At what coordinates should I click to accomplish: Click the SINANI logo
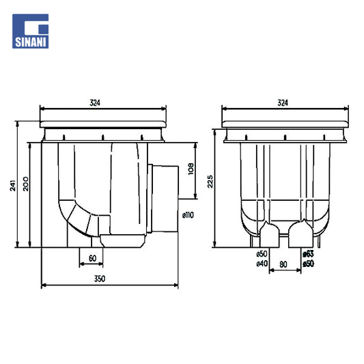tap(31, 31)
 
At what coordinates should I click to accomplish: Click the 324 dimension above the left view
tap(95, 102)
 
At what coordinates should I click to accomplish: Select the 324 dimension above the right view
tap(283, 102)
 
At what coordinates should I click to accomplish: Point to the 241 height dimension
tap(13, 185)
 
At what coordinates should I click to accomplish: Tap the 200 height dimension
tap(25, 184)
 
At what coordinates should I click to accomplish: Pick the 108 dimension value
tap(191, 169)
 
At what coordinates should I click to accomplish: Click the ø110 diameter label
tap(188, 215)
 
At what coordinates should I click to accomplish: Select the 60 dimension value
tap(92, 258)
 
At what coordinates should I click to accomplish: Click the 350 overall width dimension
tap(100, 279)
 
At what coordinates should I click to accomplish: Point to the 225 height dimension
tap(210, 181)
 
